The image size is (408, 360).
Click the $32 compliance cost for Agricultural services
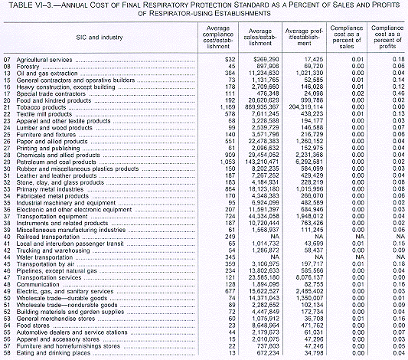coord(226,58)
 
